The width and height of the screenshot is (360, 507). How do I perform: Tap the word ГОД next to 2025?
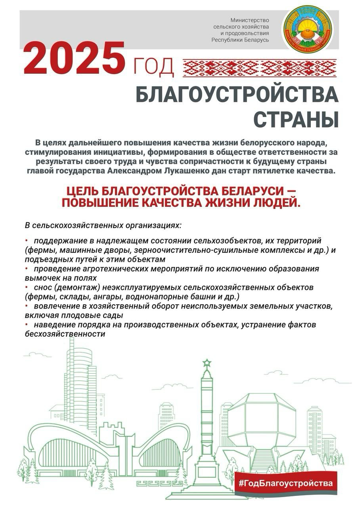[154, 67]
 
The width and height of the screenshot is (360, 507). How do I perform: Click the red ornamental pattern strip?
[259, 68]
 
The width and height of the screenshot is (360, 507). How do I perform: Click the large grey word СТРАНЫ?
[296, 119]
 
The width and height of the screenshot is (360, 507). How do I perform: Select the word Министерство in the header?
[250, 20]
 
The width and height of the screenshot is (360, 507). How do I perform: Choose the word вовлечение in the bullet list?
[54, 306]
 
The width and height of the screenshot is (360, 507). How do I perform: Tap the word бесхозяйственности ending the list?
[65, 334]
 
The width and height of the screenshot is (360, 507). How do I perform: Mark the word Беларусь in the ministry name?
[257, 40]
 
